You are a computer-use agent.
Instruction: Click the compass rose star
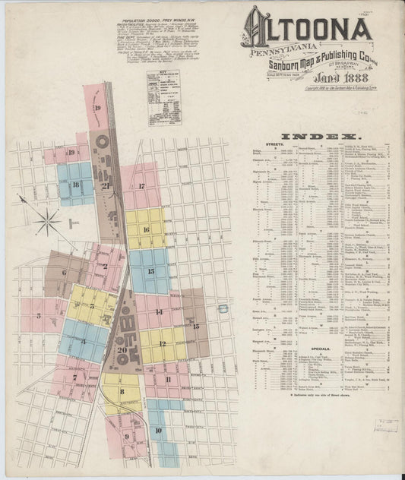pyautogui.click(x=48, y=222)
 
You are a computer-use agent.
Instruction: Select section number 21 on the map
pyautogui.click(x=107, y=185)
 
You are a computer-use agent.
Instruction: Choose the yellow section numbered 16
pyautogui.click(x=145, y=229)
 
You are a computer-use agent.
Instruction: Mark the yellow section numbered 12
pyautogui.click(x=162, y=343)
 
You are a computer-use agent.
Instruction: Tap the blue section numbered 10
pyautogui.click(x=158, y=431)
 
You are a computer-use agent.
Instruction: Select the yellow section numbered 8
pyautogui.click(x=122, y=391)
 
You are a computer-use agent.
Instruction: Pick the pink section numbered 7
pyautogui.click(x=74, y=377)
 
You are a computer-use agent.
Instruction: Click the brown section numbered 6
pyautogui.click(x=64, y=272)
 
